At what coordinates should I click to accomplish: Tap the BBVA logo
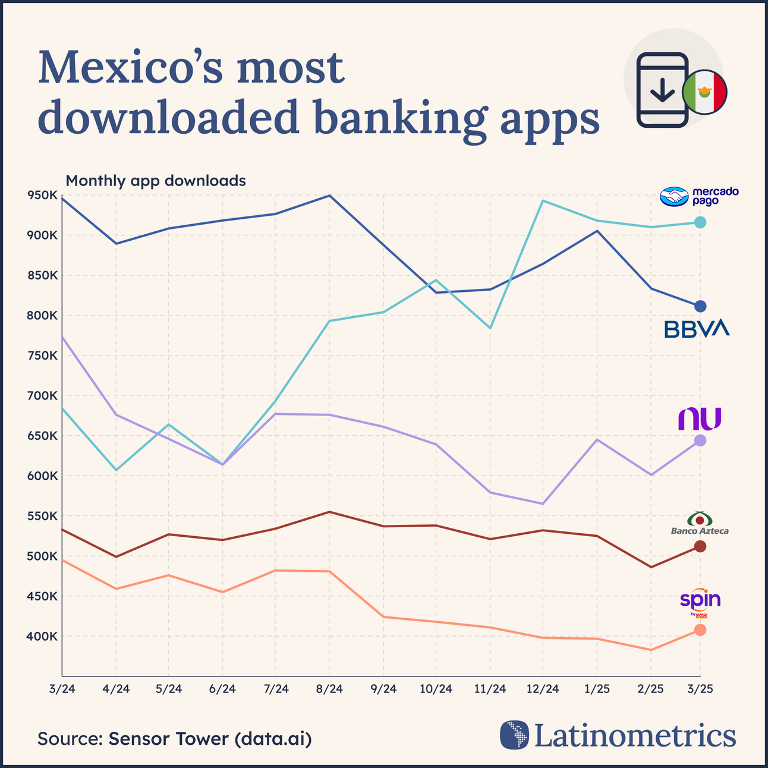(696, 329)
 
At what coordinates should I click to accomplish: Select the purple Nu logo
(700, 418)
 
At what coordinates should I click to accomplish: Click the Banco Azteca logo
(700, 523)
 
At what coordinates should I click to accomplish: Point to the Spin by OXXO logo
(700, 603)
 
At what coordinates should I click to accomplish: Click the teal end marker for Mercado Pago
(700, 222)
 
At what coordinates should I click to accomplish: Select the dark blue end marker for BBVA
(700, 306)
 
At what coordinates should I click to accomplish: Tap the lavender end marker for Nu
(700, 440)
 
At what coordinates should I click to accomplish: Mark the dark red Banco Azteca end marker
(700, 546)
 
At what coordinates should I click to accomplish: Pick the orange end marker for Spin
(700, 629)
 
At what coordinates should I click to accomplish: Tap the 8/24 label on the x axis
(329, 689)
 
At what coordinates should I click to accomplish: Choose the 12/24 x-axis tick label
(543, 689)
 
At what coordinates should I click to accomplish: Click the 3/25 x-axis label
(700, 689)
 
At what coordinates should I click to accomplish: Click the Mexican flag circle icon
(705, 92)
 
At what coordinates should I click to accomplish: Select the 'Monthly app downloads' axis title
(156, 181)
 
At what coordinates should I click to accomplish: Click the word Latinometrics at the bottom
(635, 735)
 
